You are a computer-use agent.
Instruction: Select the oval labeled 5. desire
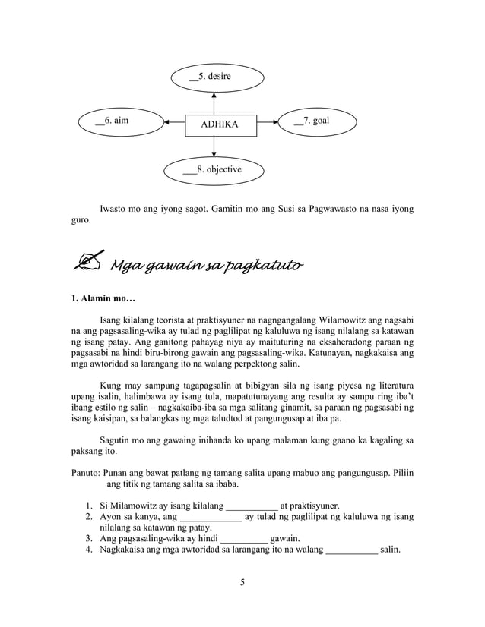pos(215,77)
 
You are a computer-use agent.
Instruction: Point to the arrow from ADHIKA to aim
pos(174,121)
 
